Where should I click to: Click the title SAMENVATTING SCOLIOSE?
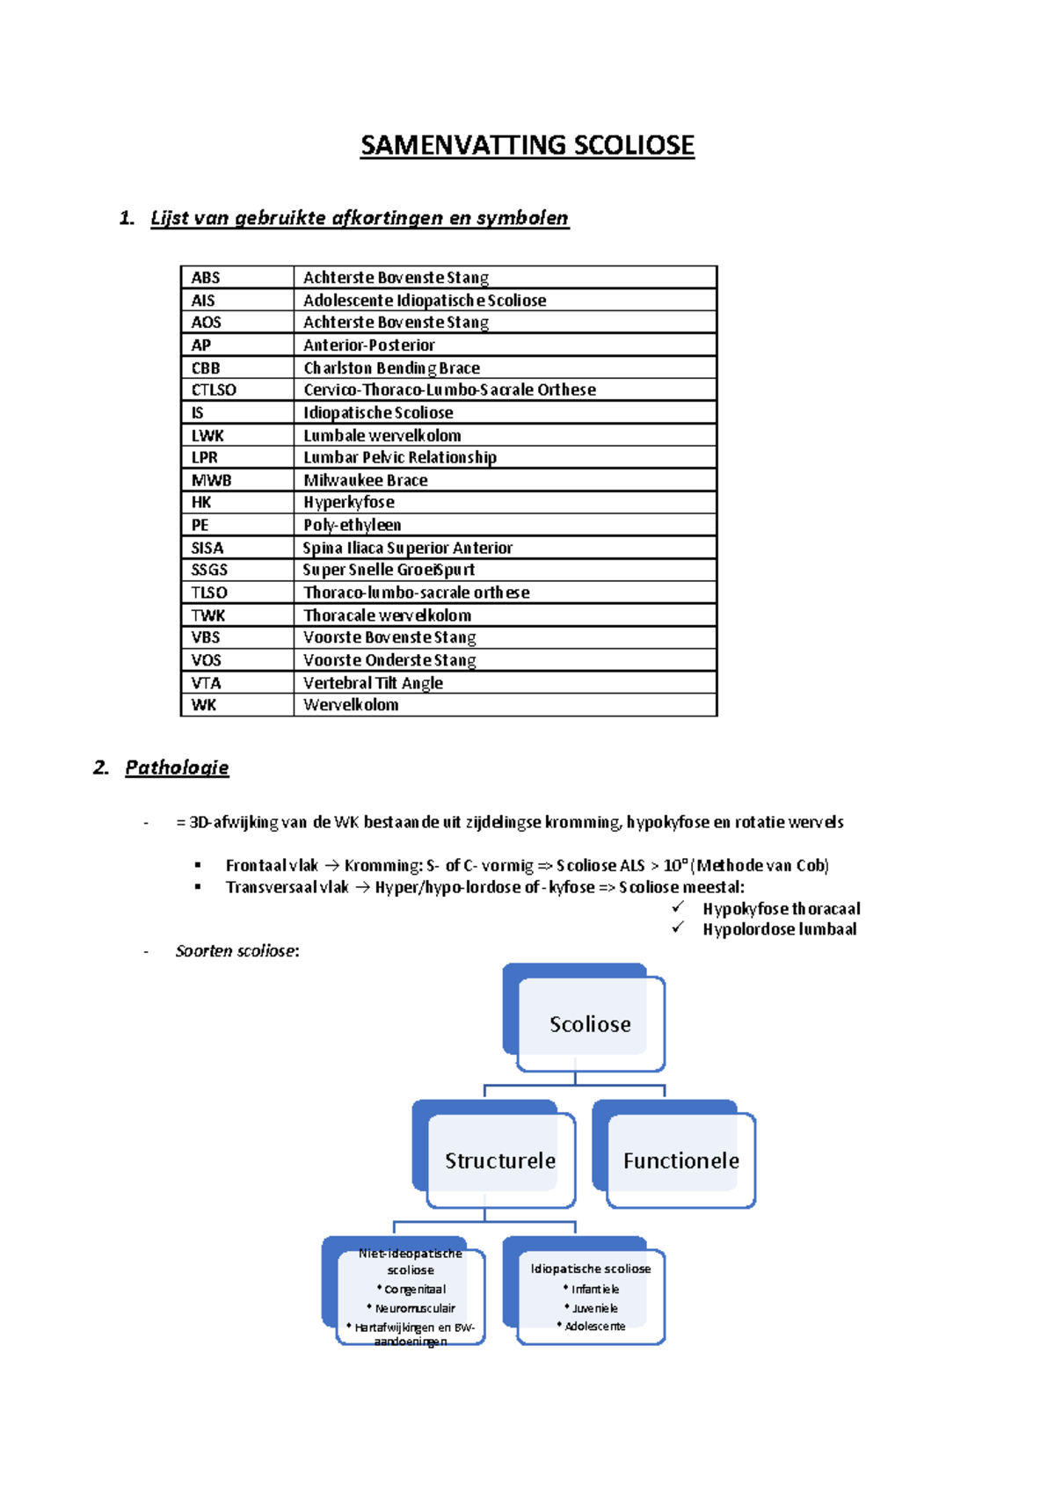[x=527, y=145]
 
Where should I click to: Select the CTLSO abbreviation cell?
[x=214, y=389]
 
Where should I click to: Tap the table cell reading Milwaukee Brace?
[x=366, y=480]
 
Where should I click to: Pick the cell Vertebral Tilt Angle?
[x=373, y=683]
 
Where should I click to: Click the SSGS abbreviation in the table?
[x=209, y=570]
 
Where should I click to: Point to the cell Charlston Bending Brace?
[x=392, y=367]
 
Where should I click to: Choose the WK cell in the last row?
[x=204, y=705]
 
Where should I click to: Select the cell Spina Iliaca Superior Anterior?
[x=408, y=548]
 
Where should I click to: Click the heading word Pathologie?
[x=177, y=767]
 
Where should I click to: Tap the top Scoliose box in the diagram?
[x=590, y=1024]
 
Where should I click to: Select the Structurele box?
[x=500, y=1160]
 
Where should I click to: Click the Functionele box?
[x=681, y=1160]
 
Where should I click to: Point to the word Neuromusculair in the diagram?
[x=415, y=1308]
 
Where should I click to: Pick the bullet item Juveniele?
[x=595, y=1308]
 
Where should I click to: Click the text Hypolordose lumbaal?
[x=779, y=929]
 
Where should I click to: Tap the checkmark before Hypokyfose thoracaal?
[x=678, y=907]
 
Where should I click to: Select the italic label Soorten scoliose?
[x=236, y=951]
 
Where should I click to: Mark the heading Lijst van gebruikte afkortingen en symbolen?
[x=360, y=218]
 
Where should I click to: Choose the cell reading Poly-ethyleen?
[x=353, y=525]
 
